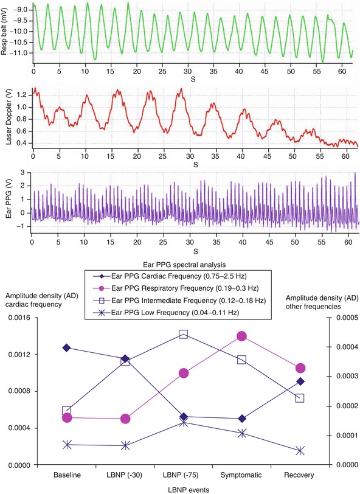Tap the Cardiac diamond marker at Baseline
[67, 347]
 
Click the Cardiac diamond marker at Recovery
[300, 381]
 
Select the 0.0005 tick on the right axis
[344, 318]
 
